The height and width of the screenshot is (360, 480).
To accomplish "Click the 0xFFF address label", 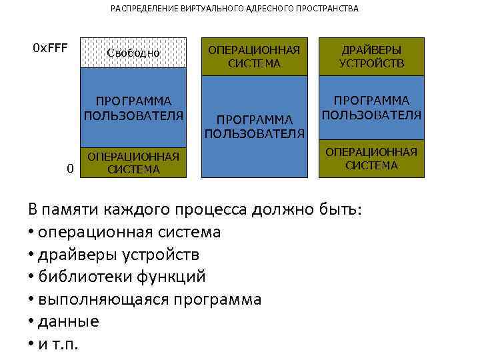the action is tap(51, 49).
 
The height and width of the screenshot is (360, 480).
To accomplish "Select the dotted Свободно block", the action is tap(133, 53).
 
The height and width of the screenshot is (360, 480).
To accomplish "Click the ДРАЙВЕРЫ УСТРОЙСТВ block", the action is tap(371, 57).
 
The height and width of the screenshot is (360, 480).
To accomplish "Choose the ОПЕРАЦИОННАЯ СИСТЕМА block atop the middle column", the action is tap(254, 57).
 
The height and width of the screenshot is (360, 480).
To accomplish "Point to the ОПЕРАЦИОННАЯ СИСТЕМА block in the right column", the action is tap(371, 159).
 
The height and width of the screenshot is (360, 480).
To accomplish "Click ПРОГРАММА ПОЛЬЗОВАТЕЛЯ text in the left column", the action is tap(133, 108).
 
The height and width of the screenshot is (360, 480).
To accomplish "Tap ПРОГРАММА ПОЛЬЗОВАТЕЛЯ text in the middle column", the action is tap(254, 126).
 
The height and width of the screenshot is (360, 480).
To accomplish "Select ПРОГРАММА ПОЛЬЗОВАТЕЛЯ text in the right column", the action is tap(371, 107).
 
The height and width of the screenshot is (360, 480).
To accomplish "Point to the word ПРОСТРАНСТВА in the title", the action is tap(327, 9).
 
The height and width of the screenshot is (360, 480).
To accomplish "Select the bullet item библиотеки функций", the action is tap(121, 277).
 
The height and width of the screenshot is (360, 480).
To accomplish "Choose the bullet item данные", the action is tap(68, 321).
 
